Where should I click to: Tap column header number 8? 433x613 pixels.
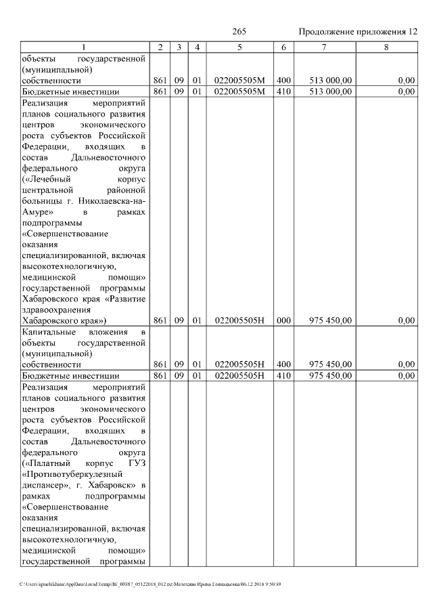[386, 47]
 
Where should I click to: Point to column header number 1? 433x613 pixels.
[84, 47]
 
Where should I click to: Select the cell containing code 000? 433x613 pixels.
[283, 320]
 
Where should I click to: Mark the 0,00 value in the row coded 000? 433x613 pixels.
[406, 320]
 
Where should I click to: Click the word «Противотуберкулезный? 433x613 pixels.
[70, 474]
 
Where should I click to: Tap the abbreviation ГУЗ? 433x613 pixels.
[137, 463]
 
